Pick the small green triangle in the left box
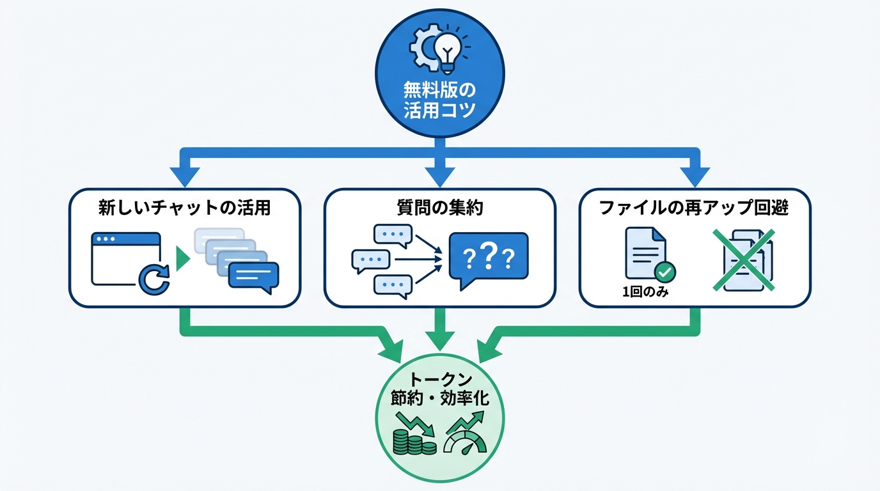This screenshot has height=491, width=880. pos(183,259)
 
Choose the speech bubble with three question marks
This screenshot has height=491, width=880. pos(488,258)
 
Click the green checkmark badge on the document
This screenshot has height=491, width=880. pos(666,273)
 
